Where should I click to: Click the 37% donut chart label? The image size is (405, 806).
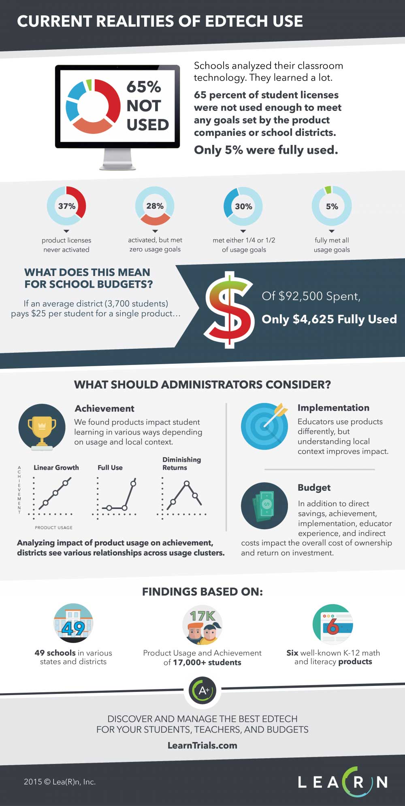(x=67, y=206)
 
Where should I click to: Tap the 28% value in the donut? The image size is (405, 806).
(x=155, y=206)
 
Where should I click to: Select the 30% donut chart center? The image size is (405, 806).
(x=243, y=206)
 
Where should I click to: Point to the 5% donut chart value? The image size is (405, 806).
(x=332, y=206)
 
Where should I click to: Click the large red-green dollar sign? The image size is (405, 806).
(x=229, y=310)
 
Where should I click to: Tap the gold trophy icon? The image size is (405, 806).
(x=42, y=427)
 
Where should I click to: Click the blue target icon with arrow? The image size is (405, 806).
(x=264, y=426)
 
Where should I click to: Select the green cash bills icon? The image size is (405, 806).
(x=264, y=506)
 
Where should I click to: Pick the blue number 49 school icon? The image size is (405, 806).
(x=73, y=623)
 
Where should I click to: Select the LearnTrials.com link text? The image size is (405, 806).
(x=202, y=745)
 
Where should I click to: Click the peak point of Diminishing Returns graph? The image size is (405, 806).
(x=186, y=483)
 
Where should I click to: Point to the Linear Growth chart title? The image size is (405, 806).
(x=56, y=467)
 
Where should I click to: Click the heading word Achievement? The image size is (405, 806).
(x=104, y=408)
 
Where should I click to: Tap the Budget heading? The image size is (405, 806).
(x=314, y=488)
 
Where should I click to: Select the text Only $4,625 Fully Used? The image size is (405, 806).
(x=329, y=319)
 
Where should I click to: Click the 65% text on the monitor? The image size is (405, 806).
(x=144, y=87)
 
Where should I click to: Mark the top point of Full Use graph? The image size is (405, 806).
(x=133, y=484)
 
